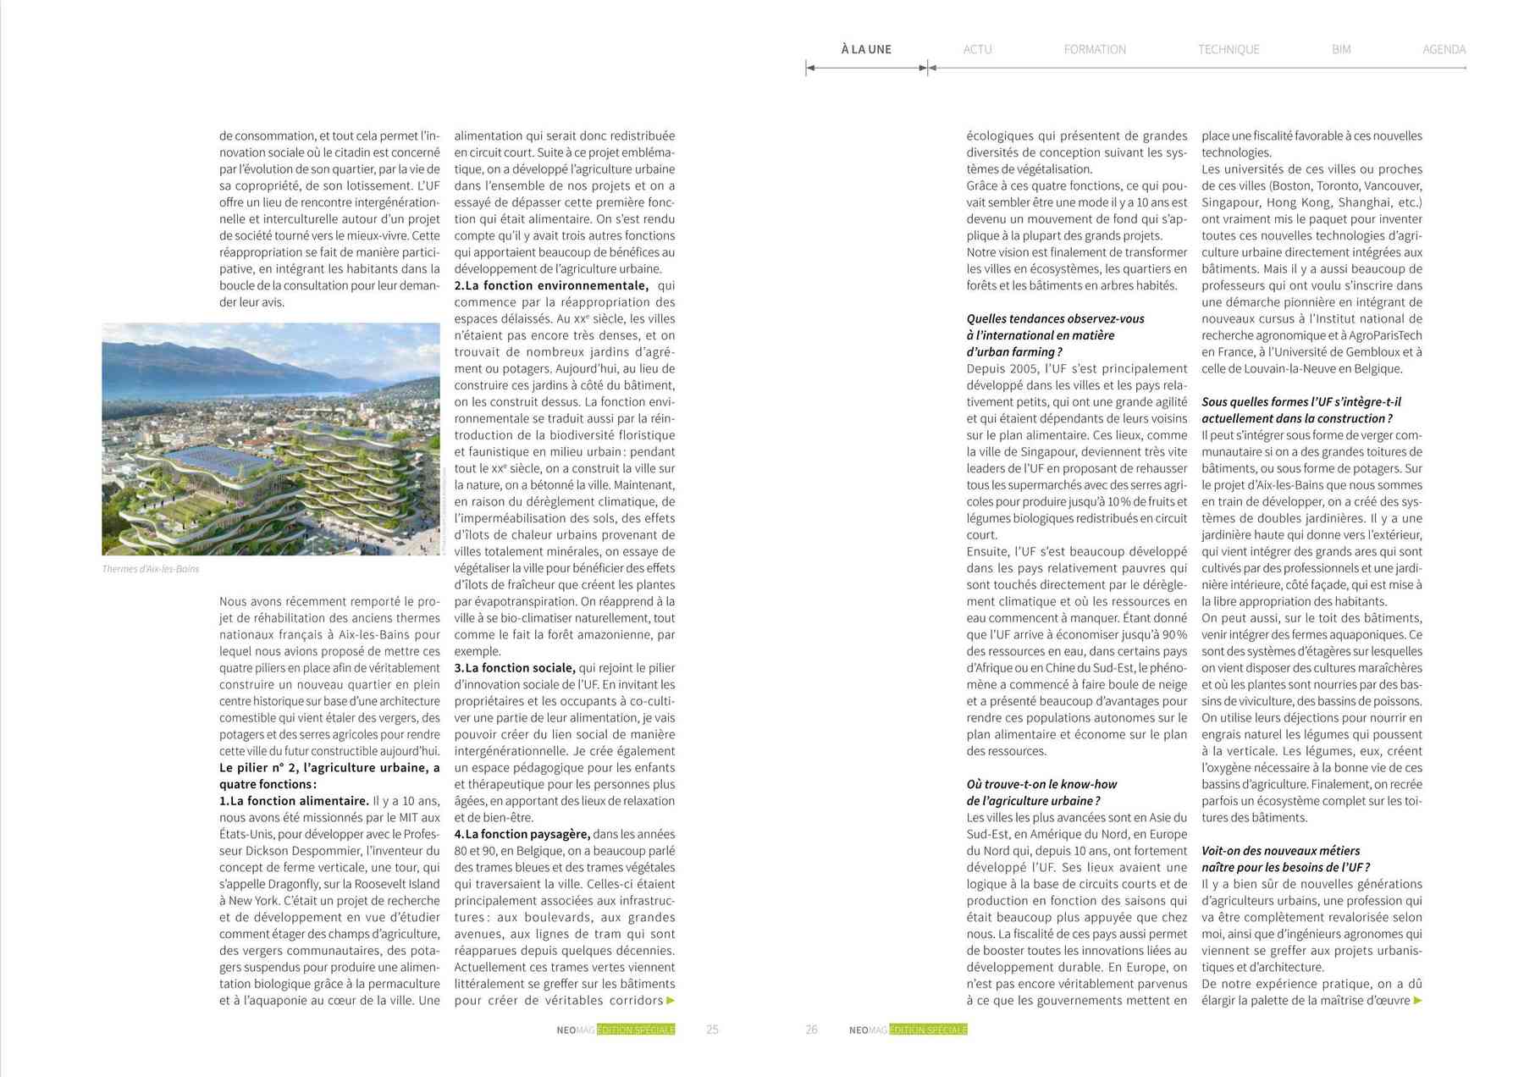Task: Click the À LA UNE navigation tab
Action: [865, 49]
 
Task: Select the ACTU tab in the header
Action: [977, 49]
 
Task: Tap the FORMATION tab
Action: [1094, 49]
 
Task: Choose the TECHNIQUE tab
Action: [1228, 49]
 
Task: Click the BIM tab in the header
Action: [1340, 49]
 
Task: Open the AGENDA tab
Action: [1444, 49]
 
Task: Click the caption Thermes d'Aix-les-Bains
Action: [150, 569]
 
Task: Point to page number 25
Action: [712, 1030]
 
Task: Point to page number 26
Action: [811, 1030]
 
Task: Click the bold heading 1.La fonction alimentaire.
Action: [294, 801]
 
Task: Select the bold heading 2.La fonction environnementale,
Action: [551, 286]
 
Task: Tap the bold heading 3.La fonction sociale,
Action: [515, 668]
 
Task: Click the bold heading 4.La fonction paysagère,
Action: [522, 834]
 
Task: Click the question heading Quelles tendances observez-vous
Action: [1055, 319]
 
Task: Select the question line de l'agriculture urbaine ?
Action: [1033, 801]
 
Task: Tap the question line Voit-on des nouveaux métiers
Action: [1280, 851]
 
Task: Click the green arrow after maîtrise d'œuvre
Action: [1418, 1001]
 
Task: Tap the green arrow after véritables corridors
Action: [671, 1001]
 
